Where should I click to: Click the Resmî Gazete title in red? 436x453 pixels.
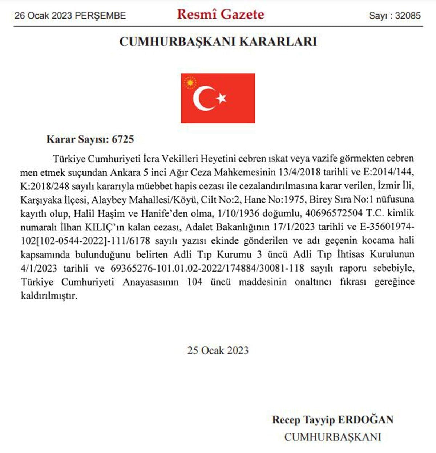coord(221,14)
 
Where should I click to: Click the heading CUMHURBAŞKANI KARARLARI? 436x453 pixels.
coord(218,41)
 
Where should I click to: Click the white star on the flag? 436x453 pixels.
coord(221,98)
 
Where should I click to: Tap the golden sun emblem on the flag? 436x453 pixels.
coord(190,83)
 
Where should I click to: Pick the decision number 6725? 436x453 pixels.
coord(123,139)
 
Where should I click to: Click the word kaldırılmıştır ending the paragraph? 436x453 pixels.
coord(49,296)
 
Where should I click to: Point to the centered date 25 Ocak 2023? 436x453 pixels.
coord(218,350)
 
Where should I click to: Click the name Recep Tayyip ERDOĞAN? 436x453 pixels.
coord(332,420)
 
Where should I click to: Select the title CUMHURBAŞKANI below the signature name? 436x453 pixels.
coord(332,437)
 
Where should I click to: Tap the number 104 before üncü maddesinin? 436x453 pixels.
coord(194,282)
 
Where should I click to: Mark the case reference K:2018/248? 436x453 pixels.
coord(44,186)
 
